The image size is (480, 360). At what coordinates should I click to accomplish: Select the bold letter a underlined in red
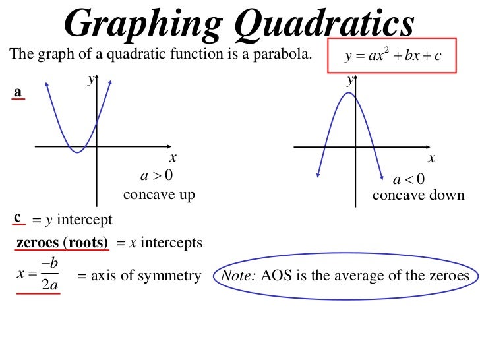point(18,93)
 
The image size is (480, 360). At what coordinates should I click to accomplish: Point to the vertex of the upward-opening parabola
point(78,152)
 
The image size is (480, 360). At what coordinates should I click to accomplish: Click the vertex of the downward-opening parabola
point(349,94)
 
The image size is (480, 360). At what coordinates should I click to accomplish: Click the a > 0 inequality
point(156,176)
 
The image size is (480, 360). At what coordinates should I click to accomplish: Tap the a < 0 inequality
point(409,179)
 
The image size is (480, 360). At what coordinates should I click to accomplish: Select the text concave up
point(159,196)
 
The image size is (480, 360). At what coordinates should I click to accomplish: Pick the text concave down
point(418,196)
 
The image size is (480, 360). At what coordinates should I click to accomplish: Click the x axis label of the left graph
point(173,158)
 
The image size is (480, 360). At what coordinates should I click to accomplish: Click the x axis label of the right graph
point(431,159)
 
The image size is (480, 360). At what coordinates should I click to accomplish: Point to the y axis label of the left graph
point(90,80)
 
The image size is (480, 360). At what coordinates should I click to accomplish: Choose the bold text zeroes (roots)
point(62,243)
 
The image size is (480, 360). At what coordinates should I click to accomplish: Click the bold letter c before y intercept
point(18,216)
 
